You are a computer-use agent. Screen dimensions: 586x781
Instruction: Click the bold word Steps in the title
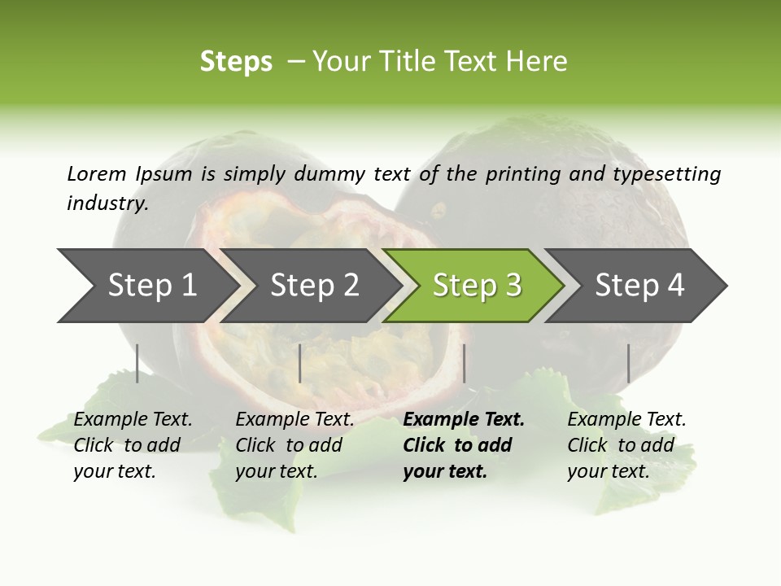coord(236,62)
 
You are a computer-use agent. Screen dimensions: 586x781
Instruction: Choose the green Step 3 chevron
coord(476,286)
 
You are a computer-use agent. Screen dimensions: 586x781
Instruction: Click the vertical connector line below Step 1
coord(137,363)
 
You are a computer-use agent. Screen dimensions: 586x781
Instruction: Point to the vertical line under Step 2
coord(300,363)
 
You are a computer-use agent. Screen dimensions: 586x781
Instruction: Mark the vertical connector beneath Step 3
coord(464,363)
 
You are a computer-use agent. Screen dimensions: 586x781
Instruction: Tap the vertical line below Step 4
coord(628,363)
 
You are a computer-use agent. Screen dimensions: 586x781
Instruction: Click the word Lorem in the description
coord(97,174)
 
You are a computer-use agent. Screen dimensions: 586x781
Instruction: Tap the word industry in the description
coord(107,203)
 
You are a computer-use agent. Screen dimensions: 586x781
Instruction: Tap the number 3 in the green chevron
coord(513,286)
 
